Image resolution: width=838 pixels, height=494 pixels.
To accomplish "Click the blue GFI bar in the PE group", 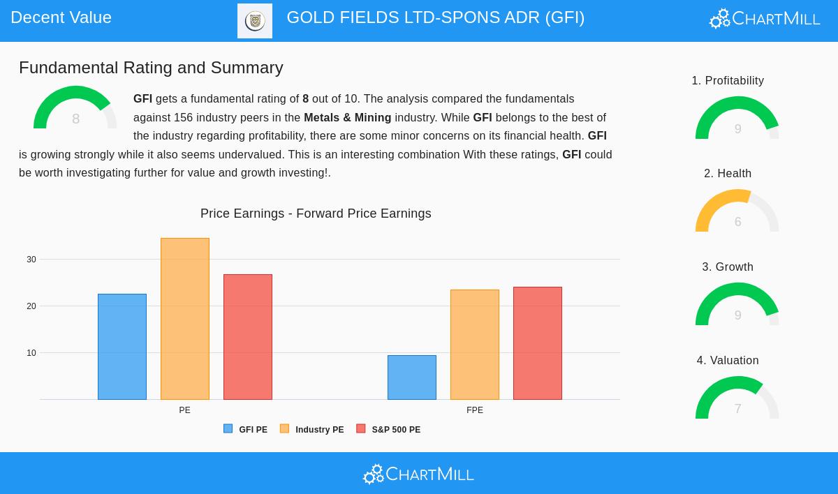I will [122, 347].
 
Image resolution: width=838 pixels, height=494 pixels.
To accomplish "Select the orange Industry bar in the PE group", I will [185, 319].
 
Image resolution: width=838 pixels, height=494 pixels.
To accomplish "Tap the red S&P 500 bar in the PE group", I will [248, 337].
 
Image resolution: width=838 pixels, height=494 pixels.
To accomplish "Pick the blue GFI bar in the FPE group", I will [412, 377].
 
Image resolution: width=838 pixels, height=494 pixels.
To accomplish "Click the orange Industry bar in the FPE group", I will [475, 345].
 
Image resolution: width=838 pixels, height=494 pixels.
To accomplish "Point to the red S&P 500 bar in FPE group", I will [538, 343].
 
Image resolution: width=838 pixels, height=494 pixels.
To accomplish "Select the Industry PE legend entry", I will [312, 430].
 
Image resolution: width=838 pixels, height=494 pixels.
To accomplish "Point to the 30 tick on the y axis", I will [31, 260].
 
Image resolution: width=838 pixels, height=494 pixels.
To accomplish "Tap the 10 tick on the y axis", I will [31, 353].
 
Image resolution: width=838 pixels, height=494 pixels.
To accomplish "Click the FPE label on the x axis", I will [475, 410].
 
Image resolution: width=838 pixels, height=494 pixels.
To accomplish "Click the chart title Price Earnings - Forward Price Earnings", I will [316, 214].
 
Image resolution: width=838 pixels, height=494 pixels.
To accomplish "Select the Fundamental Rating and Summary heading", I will [151, 68].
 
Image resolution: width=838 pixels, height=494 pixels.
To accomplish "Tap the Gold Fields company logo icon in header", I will [255, 21].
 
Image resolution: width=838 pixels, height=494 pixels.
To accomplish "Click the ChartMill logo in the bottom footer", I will [418, 474].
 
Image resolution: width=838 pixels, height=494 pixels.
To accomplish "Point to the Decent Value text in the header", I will [61, 17].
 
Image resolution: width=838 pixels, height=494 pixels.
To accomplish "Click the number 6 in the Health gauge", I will [737, 222].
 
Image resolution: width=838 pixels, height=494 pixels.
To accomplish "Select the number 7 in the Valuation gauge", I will [737, 409].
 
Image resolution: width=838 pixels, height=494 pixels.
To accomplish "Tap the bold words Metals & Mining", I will [347, 117].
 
